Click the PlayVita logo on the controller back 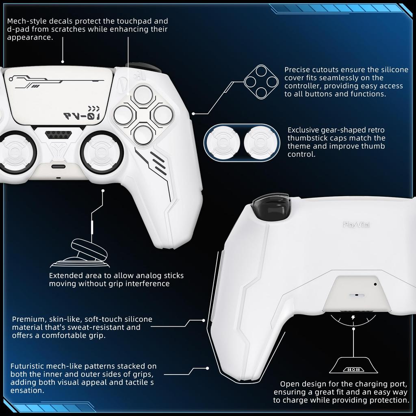pyautogui.click(x=356, y=224)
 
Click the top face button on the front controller pyautogui.click(x=143, y=95)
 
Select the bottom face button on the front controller pyautogui.click(x=143, y=134)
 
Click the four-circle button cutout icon pyautogui.click(x=261, y=82)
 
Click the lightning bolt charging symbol pyautogui.click(x=353, y=317)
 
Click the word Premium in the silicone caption pyautogui.click(x=28, y=319)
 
